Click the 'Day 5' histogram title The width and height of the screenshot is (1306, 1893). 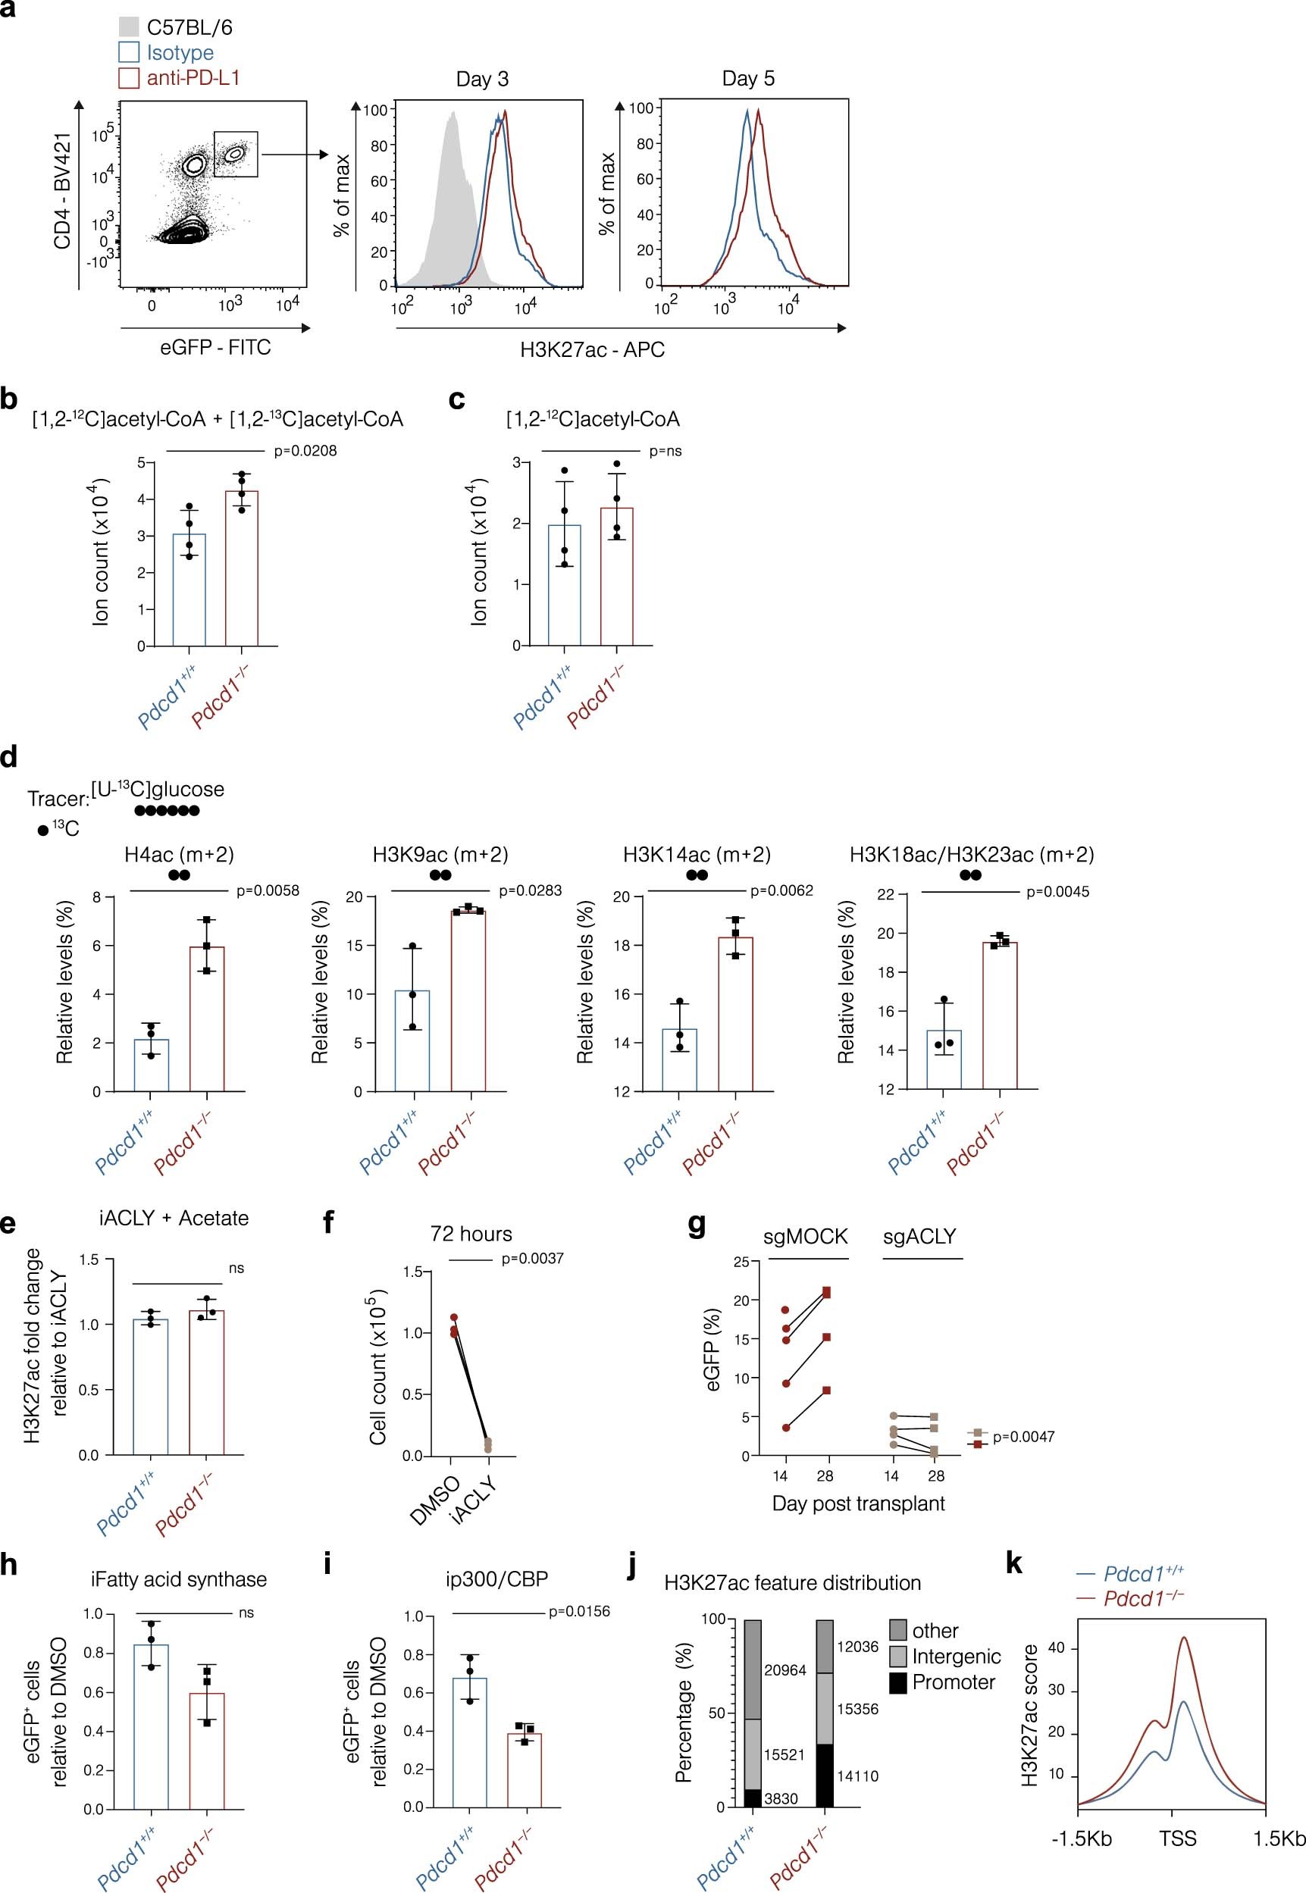[747, 79]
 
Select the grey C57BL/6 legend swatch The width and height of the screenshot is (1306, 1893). [128, 27]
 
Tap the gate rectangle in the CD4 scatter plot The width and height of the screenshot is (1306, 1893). [236, 154]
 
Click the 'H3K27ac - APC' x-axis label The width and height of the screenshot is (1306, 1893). [592, 350]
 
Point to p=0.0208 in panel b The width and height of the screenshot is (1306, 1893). [305, 451]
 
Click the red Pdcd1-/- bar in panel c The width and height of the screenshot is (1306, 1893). [616, 577]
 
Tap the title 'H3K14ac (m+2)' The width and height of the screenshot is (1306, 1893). [697, 854]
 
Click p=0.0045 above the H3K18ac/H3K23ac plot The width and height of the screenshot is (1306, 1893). [1057, 892]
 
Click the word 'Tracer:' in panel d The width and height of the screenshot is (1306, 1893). [58, 799]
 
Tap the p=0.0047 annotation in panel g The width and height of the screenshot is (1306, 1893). [1023, 1437]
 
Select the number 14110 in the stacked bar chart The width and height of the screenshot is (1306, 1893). [856, 1776]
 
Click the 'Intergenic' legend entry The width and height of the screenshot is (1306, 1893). [956, 1657]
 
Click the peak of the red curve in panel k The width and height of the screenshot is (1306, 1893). [1183, 1637]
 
